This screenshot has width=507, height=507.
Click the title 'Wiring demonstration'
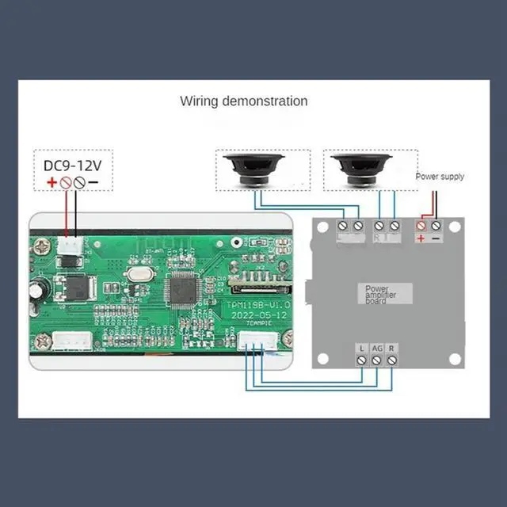(x=243, y=101)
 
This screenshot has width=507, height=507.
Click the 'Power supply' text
(x=440, y=177)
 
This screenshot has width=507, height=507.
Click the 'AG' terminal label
(x=377, y=347)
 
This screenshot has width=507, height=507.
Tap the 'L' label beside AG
(x=362, y=347)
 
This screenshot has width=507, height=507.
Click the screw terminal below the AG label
(x=377, y=360)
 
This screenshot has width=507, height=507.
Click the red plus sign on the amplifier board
(x=421, y=238)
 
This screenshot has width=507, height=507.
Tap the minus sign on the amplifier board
(x=436, y=238)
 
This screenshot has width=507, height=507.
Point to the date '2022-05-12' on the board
(x=258, y=314)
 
